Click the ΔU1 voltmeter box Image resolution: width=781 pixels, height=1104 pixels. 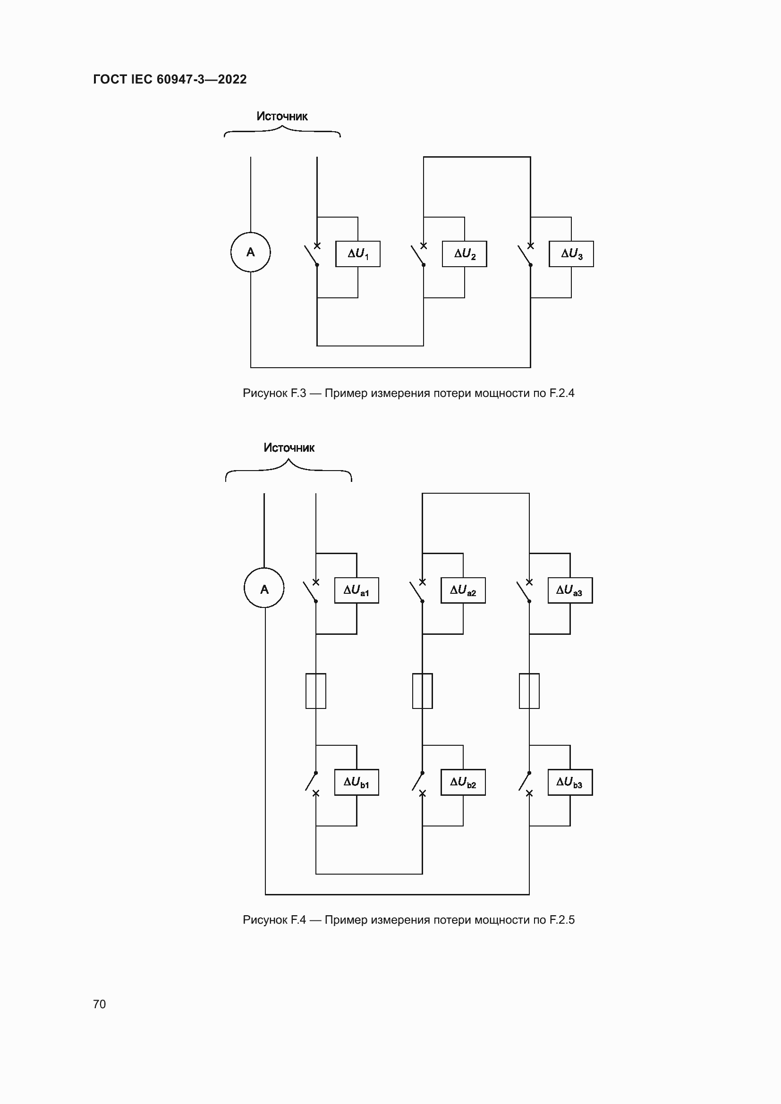[x=357, y=254]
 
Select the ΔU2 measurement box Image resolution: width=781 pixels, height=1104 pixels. [x=464, y=254]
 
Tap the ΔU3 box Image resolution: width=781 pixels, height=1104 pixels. [x=571, y=254]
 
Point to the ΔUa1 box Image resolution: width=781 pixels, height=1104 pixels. [x=357, y=590]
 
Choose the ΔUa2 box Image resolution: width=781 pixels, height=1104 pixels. [x=463, y=590]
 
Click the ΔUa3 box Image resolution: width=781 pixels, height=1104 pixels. [x=570, y=590]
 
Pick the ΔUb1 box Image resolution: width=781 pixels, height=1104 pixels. [x=357, y=782]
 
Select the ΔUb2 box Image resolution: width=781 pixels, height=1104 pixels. [x=463, y=782]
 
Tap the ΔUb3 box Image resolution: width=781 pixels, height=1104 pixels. [x=570, y=782]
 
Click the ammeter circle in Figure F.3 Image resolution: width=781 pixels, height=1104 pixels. [x=251, y=252]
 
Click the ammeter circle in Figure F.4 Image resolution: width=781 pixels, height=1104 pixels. [x=264, y=588]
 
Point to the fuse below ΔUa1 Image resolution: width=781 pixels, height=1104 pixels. [x=315, y=691]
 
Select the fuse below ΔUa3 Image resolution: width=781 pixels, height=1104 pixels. [x=529, y=691]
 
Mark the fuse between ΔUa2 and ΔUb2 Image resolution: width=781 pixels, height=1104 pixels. [x=422, y=691]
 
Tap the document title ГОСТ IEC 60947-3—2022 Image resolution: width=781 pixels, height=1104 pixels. [x=170, y=79]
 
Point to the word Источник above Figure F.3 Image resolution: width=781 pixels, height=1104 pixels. [x=282, y=117]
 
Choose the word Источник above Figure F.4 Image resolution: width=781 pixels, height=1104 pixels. [x=289, y=447]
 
